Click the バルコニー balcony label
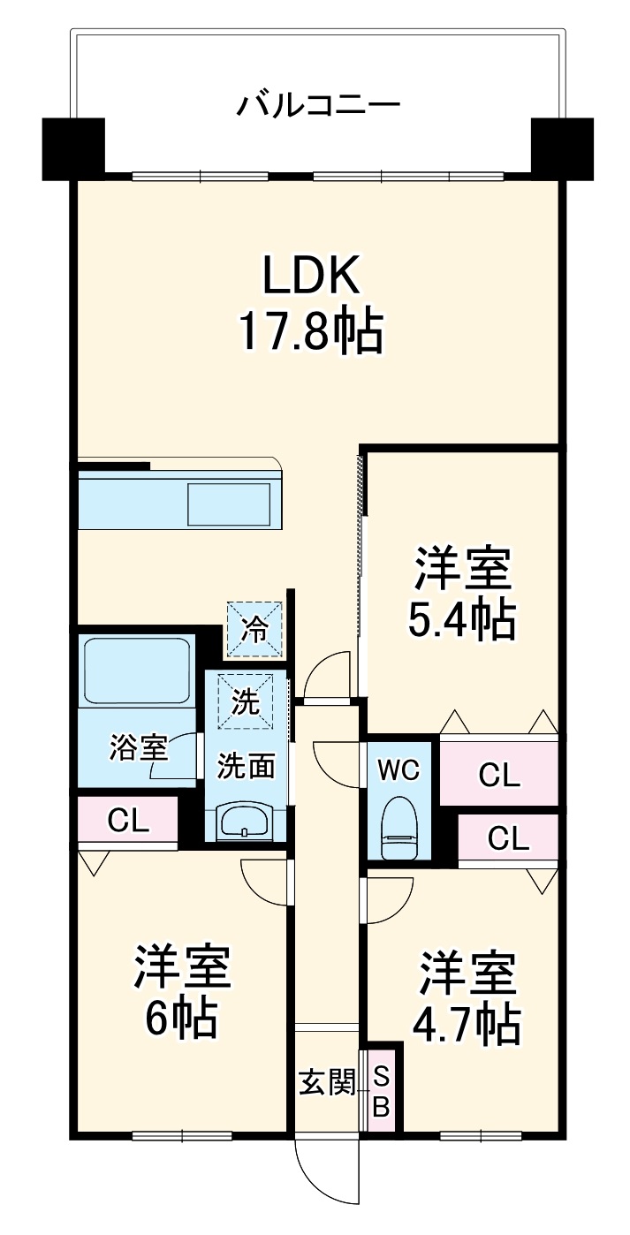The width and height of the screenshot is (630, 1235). tap(317, 107)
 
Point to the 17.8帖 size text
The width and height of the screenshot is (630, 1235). tap(309, 332)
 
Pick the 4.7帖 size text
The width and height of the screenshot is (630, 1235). tap(466, 1022)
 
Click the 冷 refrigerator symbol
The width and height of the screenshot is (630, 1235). tap(255, 629)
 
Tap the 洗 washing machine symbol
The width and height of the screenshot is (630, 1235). tap(247, 701)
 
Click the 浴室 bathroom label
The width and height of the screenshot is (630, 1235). tap(138, 747)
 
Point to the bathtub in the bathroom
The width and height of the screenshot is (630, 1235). tap(137, 670)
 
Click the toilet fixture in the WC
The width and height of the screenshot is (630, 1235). tap(398, 830)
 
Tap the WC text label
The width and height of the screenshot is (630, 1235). tap(398, 769)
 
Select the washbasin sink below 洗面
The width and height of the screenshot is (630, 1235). tap(246, 822)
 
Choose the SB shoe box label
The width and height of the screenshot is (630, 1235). tap(381, 1090)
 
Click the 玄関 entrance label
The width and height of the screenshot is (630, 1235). tap(326, 1082)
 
